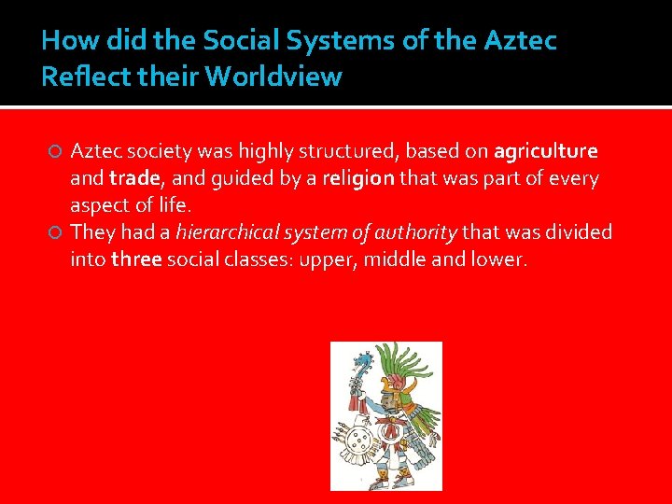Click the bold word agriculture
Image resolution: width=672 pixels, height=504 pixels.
(x=546, y=151)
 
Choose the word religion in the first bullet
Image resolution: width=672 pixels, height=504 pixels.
(x=359, y=177)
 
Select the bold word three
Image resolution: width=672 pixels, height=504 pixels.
(x=136, y=259)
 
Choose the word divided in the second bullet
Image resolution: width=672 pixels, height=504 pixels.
(x=578, y=231)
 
